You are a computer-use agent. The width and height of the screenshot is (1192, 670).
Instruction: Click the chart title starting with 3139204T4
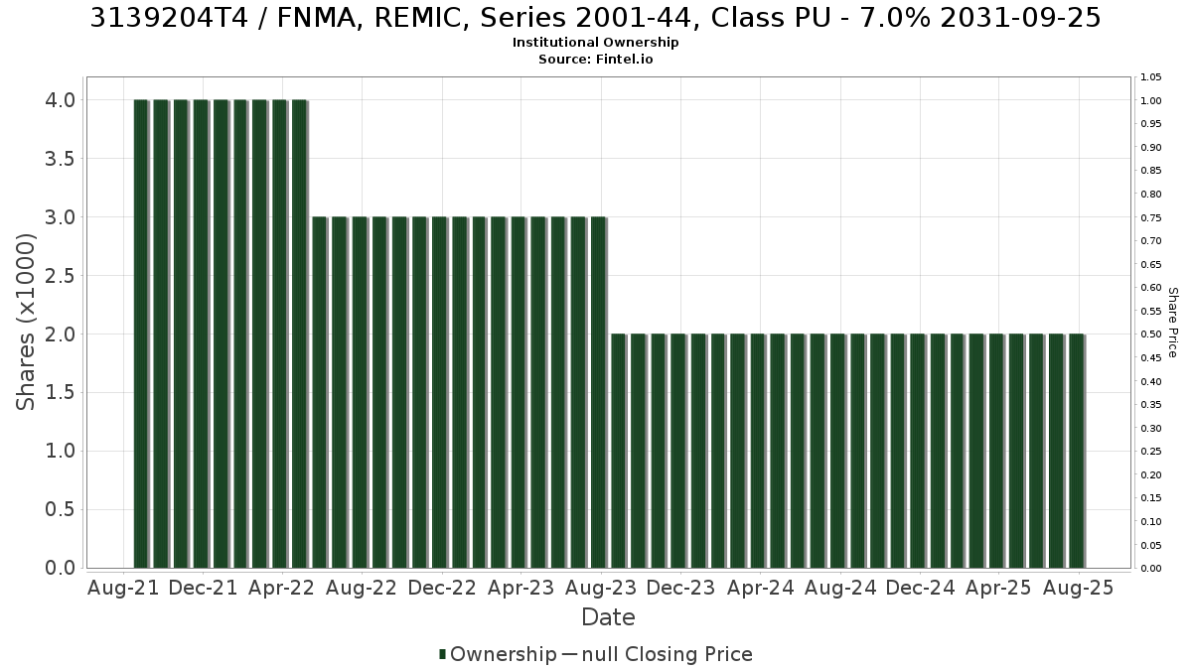pyautogui.click(x=595, y=18)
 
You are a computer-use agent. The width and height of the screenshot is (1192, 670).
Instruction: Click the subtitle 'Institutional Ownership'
pyautogui.click(x=595, y=43)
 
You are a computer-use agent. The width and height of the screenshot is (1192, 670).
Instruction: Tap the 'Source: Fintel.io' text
pyautogui.click(x=595, y=59)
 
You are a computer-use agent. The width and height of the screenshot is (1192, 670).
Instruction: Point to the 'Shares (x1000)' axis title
pyautogui.click(x=25, y=323)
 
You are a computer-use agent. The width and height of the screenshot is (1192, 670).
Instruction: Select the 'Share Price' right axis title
pyautogui.click(x=1172, y=323)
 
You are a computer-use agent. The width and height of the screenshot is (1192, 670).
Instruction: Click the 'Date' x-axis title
pyautogui.click(x=608, y=617)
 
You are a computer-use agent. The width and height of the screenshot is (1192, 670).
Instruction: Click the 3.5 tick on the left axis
pyautogui.click(x=60, y=159)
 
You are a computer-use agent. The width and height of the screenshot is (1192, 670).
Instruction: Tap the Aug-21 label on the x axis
pyautogui.click(x=123, y=588)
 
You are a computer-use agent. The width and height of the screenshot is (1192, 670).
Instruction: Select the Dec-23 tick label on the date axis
pyautogui.click(x=680, y=588)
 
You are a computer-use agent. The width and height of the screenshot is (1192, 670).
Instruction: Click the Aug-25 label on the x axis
pyautogui.click(x=1078, y=588)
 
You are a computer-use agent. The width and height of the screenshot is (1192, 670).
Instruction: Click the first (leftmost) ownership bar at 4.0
pyautogui.click(x=141, y=334)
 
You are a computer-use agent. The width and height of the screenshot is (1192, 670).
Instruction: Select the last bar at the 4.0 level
pyautogui.click(x=300, y=334)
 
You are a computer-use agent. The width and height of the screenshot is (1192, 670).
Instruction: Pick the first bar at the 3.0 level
pyautogui.click(x=320, y=392)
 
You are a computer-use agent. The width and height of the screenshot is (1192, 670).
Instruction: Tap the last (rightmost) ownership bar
pyautogui.click(x=1077, y=451)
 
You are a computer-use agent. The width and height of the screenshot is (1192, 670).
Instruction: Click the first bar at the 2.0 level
pyautogui.click(x=618, y=451)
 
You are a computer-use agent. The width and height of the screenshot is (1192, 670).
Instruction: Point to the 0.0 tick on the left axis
pyautogui.click(x=60, y=568)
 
